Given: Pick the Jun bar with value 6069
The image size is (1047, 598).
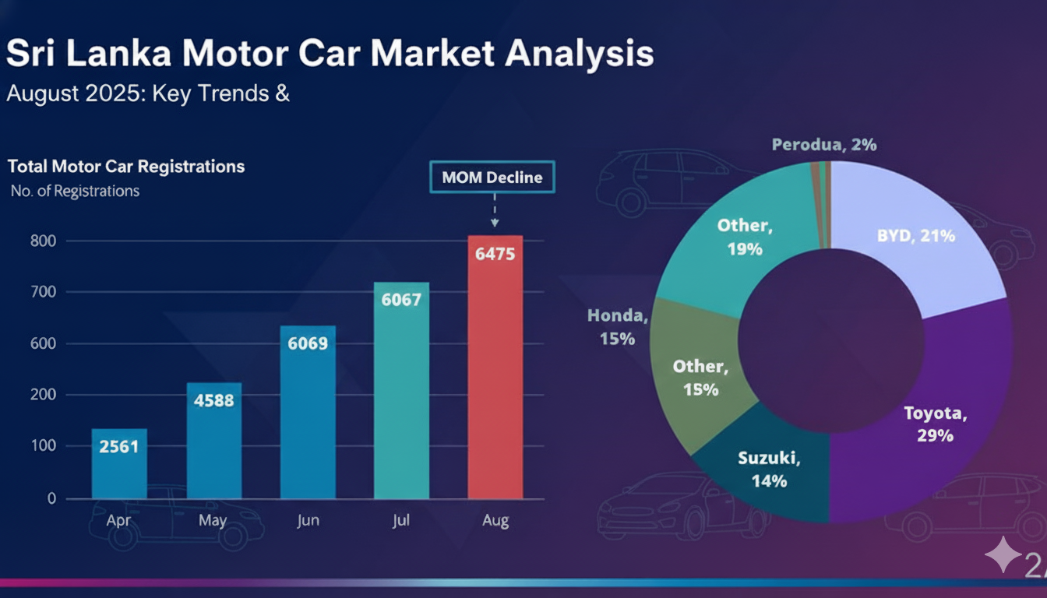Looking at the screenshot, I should pos(308,413).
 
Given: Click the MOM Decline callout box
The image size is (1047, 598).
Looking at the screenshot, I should pos(492,177).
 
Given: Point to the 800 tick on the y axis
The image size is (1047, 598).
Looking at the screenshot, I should pos(44,241).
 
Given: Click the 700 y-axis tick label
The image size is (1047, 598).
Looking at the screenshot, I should pos(44,292).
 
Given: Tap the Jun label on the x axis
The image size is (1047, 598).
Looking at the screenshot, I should pos(308,520).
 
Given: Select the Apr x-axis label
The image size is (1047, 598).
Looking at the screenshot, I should pos(119,520).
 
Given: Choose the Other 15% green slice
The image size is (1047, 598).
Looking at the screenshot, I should pos(697,378).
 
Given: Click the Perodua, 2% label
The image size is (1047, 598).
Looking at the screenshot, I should pos(824,145).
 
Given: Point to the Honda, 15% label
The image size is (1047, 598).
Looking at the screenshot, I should pos(617,327).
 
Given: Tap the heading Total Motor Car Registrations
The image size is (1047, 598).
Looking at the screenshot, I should pos(126,166).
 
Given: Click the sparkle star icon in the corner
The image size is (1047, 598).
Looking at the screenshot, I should pos(1002,554).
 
